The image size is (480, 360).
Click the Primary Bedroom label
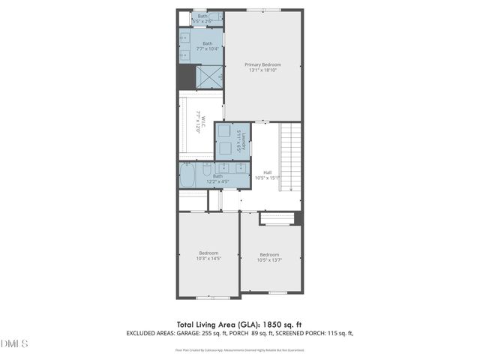tap(262, 64)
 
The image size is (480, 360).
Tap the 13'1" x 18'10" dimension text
tap(262, 70)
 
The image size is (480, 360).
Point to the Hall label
tap(267, 172)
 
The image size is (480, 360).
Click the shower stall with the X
tap(208, 77)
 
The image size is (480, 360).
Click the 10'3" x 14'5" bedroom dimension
tap(208, 259)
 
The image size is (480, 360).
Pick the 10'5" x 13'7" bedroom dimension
tap(269, 260)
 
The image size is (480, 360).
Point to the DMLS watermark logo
tap(14, 343)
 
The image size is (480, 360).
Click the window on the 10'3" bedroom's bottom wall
tap(208, 297)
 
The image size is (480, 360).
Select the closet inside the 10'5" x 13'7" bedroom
tap(277, 218)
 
